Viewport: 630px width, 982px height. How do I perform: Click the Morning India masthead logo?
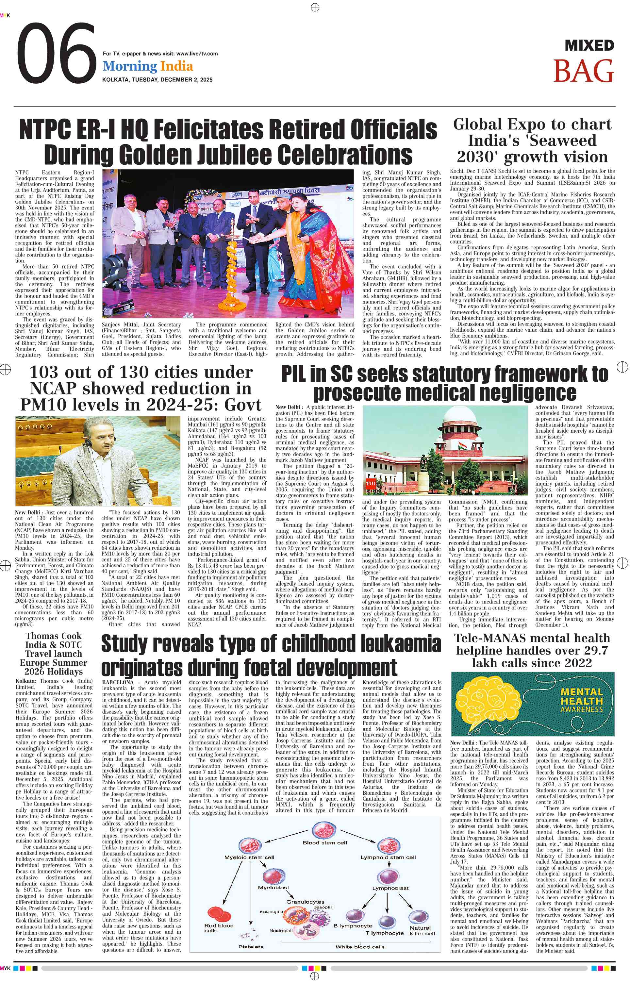(148, 66)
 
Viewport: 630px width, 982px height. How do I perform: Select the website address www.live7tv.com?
(197, 54)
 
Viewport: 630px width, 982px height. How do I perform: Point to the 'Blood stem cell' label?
(324, 842)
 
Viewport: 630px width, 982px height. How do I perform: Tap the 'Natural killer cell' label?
(422, 930)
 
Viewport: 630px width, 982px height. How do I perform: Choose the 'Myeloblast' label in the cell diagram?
(273, 888)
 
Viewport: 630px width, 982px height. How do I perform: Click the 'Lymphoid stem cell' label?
(388, 857)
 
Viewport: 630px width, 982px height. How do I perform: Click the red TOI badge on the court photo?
(371, 483)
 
